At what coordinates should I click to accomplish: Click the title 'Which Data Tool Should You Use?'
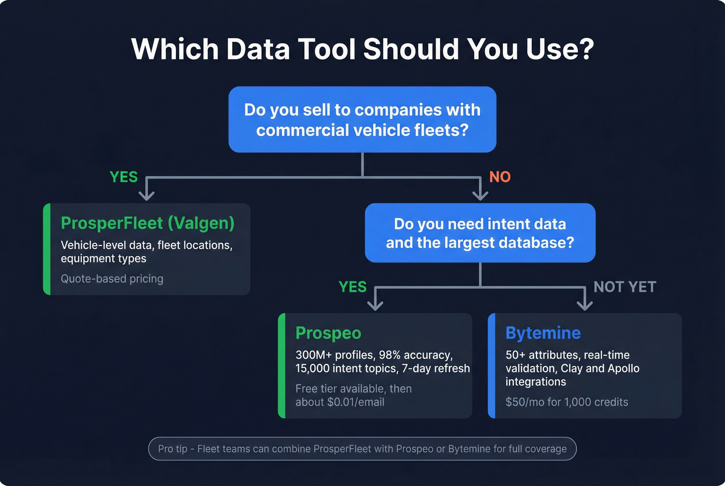point(363,50)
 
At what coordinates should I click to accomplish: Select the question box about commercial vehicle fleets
point(363,120)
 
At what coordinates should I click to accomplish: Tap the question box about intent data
point(480,233)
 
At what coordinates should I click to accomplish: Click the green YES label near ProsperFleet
point(124,177)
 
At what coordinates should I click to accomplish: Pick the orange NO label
point(500,177)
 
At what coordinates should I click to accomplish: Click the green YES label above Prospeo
point(353,287)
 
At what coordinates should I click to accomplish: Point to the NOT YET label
point(625,287)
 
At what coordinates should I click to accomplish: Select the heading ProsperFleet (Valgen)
point(148,223)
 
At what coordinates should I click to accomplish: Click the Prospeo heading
point(328,333)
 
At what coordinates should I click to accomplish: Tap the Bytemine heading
point(543,333)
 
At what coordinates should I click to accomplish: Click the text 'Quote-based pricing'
point(112,279)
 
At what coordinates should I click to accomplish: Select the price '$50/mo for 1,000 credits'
point(567,402)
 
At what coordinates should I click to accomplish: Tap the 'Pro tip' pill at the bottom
point(363,449)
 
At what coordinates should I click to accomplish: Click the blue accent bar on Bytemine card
point(491,366)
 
